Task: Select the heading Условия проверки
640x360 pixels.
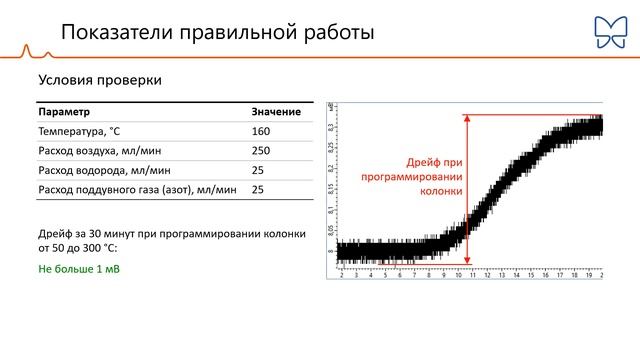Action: click(100, 79)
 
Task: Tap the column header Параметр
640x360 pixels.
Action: click(64, 112)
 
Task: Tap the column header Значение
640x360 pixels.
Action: click(276, 112)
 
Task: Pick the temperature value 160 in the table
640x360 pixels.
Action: click(261, 131)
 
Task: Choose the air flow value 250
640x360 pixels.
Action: click(261, 150)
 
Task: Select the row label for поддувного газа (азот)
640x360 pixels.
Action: click(137, 188)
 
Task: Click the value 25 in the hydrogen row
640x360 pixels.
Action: click(258, 169)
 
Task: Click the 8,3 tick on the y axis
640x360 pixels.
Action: click(331, 127)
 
